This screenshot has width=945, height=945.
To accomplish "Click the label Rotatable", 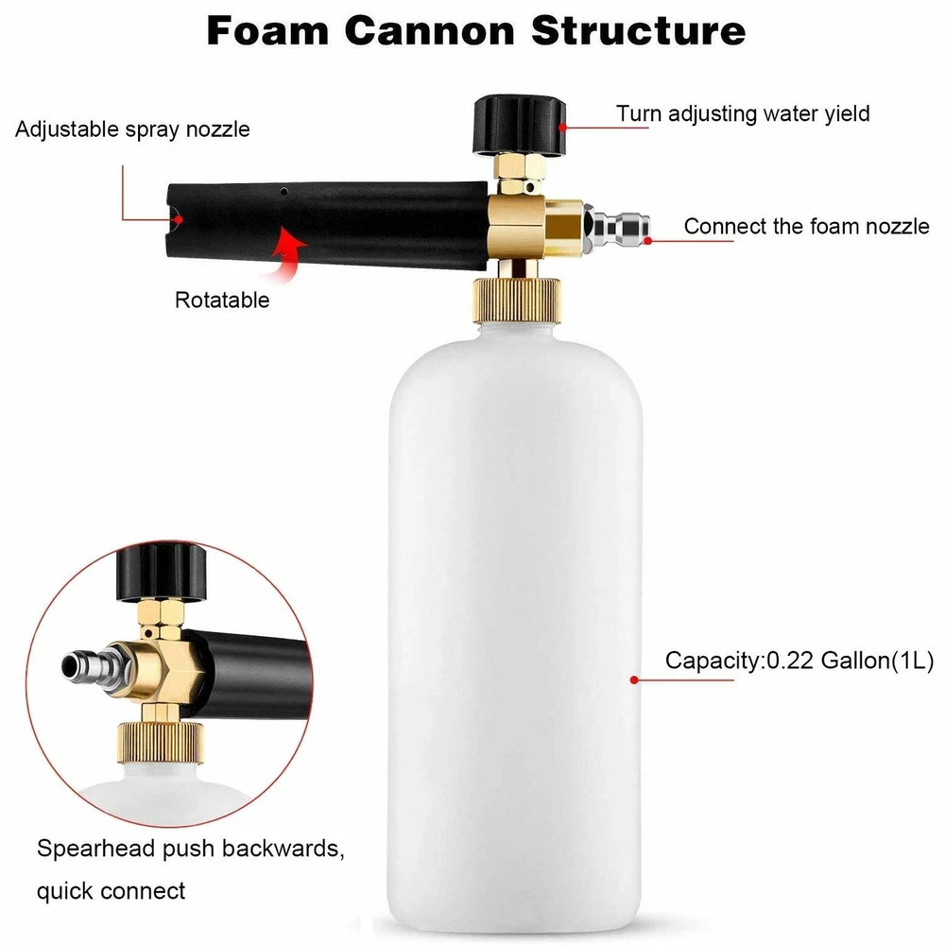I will [222, 301].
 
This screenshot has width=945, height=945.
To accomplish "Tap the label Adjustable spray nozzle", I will [133, 129].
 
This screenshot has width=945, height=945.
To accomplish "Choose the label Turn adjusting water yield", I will [743, 113].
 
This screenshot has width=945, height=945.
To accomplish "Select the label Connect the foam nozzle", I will [806, 227].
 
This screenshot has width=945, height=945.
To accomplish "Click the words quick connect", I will [112, 889].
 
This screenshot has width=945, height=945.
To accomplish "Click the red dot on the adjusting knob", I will [562, 124].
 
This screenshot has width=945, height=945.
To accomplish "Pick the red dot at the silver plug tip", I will [649, 241].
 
